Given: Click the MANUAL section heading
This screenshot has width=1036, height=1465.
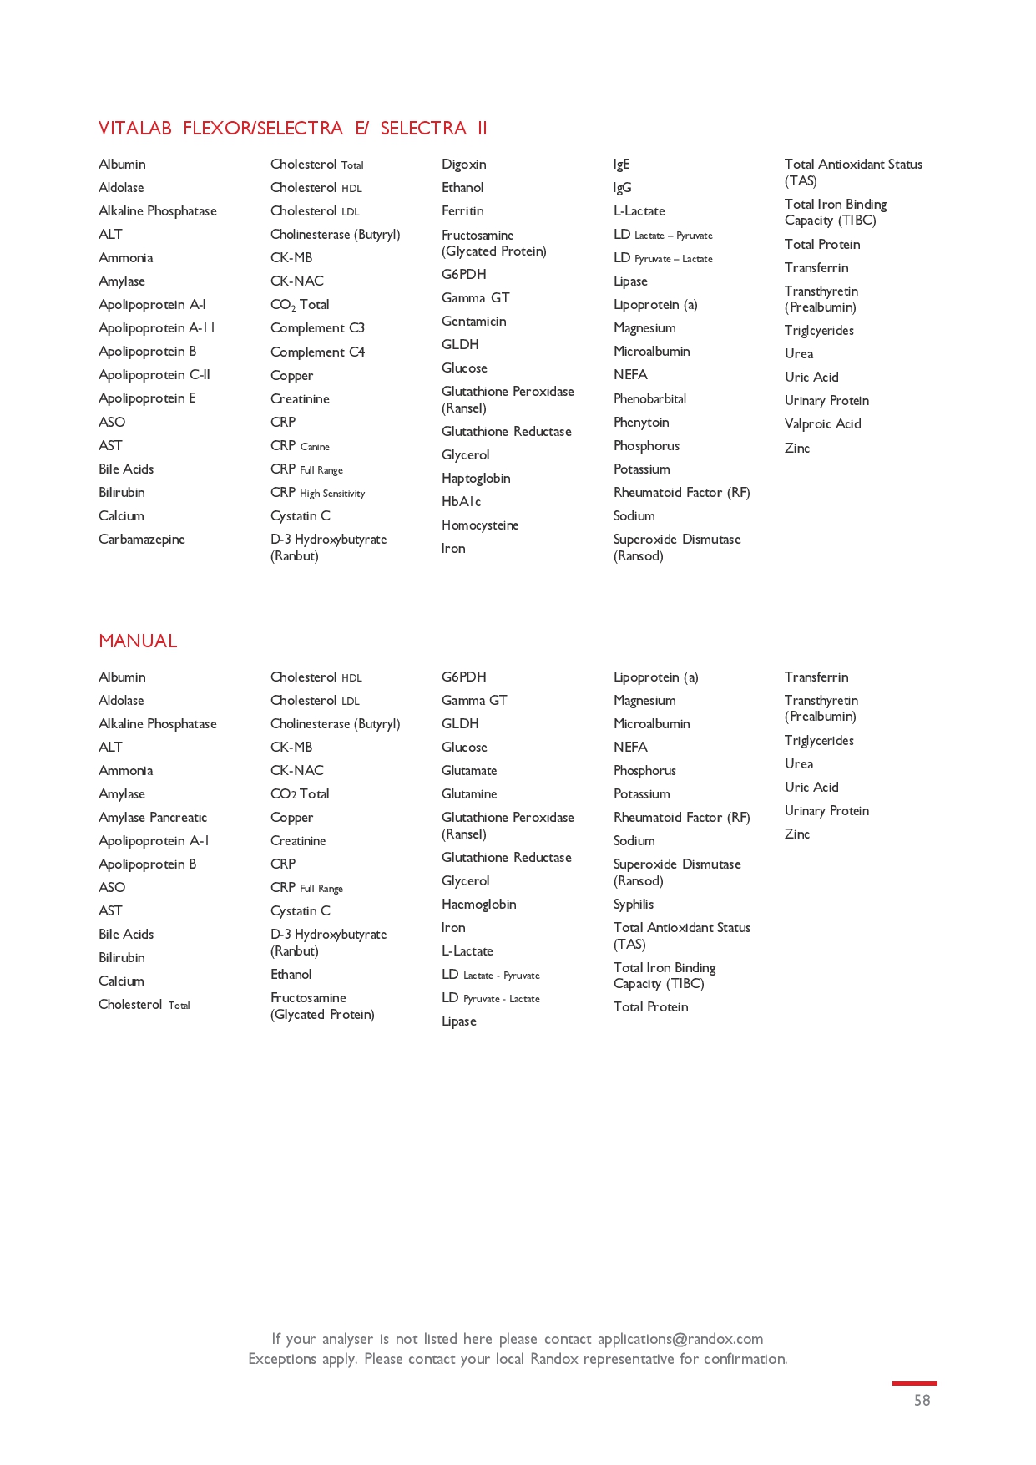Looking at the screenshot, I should (x=138, y=641).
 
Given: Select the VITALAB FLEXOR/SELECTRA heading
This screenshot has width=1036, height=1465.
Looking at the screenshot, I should (x=292, y=128).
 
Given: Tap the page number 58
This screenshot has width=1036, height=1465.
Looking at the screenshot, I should (x=922, y=1401).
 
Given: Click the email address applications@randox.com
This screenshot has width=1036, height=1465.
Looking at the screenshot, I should (x=680, y=1339).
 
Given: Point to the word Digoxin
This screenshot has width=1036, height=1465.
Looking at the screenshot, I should (x=463, y=165).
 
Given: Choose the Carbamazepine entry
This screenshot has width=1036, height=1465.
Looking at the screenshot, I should (x=142, y=540).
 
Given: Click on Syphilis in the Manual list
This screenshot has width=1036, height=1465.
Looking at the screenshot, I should (x=634, y=905).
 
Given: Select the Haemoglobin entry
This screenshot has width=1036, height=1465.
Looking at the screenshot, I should (x=478, y=905).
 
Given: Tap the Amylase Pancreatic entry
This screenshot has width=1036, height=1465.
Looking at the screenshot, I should (x=153, y=818).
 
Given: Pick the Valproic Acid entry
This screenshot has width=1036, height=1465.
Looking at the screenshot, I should (x=822, y=424).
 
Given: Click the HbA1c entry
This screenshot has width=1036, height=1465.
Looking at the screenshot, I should (x=461, y=502).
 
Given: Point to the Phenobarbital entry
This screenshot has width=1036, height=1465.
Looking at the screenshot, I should (x=649, y=399).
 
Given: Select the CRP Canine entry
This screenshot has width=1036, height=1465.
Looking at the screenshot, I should (x=300, y=446).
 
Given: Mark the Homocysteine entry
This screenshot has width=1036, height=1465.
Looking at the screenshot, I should (x=480, y=525).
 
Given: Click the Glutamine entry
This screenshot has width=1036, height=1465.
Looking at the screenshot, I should (x=469, y=794).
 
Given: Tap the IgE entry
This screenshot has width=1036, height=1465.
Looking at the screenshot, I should (x=622, y=165).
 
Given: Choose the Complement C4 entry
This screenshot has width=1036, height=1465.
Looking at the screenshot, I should (x=317, y=352).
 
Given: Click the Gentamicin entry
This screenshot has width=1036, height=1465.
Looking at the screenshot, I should (x=473, y=322).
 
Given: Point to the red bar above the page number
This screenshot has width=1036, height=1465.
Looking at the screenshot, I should (x=914, y=1384).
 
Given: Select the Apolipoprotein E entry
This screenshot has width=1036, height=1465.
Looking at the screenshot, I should (x=147, y=398).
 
